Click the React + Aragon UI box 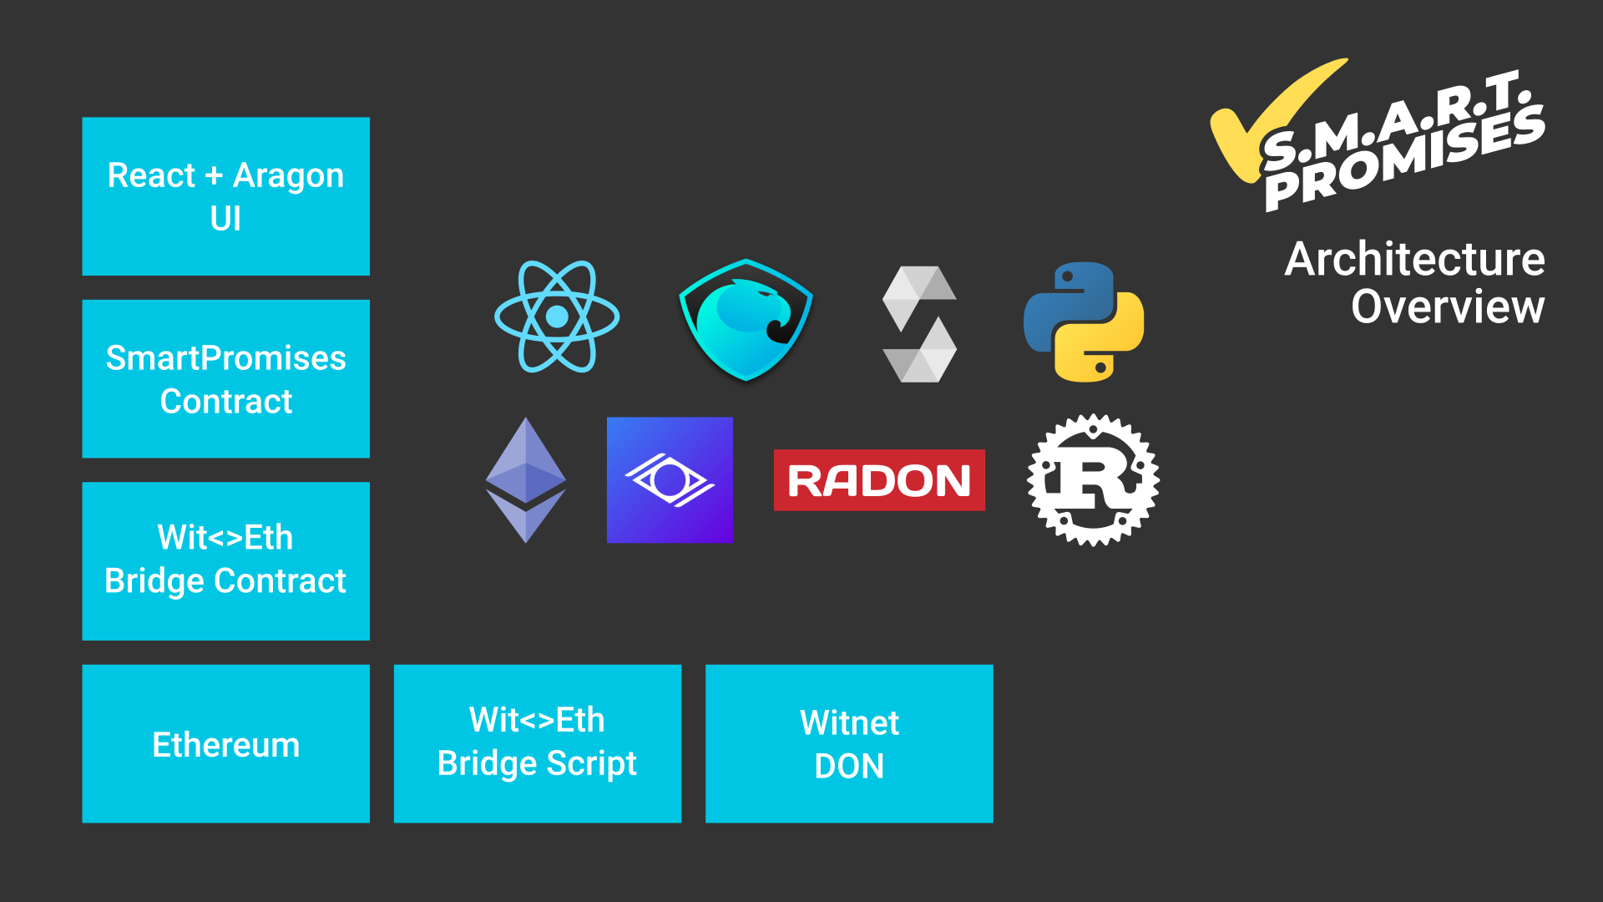pos(225,196)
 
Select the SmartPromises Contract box pos(225,378)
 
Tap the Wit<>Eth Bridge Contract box pos(225,560)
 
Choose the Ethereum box pos(225,743)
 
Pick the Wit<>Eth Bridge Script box pos(537,743)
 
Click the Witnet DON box pos(849,743)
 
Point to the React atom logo pos(557,317)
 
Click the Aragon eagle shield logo pos(746,320)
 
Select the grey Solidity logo pos(919,324)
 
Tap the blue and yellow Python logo pos(1084,322)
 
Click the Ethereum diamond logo pos(526,480)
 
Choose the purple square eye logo pos(670,480)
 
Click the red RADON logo pos(879,480)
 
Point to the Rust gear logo pos(1093,480)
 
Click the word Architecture pos(1414,259)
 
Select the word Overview pos(1448,307)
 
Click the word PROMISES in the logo pos(1403,159)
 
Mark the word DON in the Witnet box pos(849,766)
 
